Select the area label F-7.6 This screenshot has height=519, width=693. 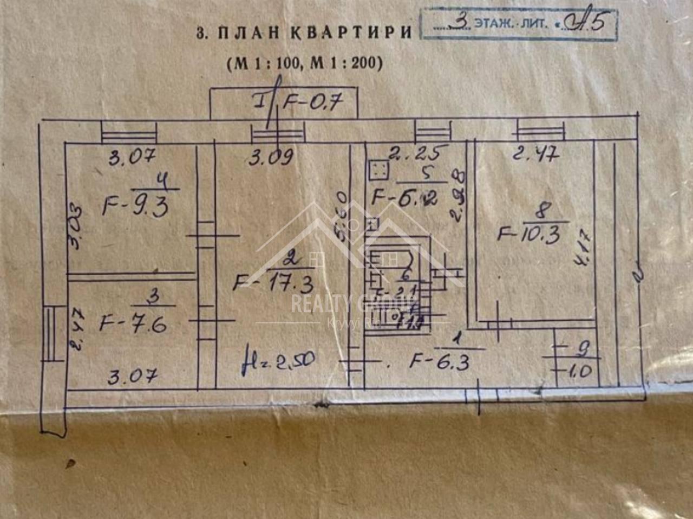click(133, 324)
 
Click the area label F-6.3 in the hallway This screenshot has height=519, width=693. click(439, 361)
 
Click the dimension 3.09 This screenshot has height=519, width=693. click(271, 157)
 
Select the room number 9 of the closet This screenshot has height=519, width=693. click(582, 349)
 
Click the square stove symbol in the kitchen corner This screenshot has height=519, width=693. click(378, 170)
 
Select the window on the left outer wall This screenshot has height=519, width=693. click(50, 333)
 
